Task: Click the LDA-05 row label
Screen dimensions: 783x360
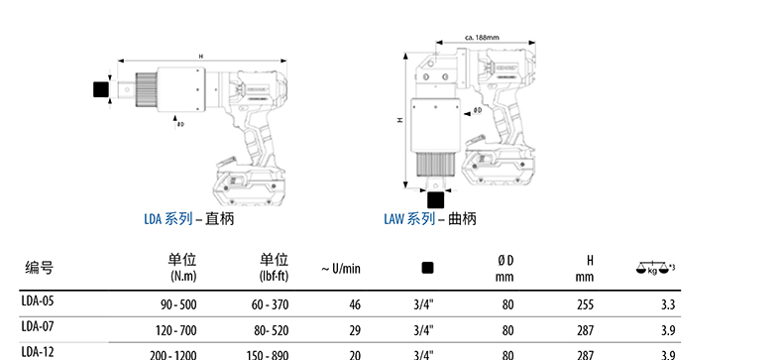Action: [x=38, y=301]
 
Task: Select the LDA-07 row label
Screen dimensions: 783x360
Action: [x=38, y=326]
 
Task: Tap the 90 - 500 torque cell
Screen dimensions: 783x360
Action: [x=178, y=304]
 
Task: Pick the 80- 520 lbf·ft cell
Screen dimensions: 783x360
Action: [x=270, y=330]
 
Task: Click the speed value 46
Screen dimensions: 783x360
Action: [x=355, y=304]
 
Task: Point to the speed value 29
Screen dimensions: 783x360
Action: [x=355, y=330]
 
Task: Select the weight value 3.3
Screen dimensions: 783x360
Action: [x=668, y=304]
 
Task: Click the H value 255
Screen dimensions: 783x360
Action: [x=585, y=304]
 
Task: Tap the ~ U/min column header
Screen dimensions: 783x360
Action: [x=341, y=269]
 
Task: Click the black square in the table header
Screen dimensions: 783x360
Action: [x=427, y=268]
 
